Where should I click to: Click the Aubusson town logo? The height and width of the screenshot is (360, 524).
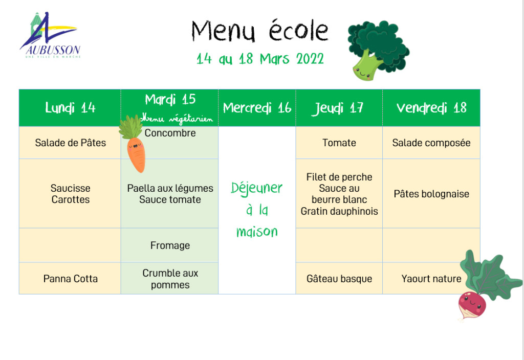tap(50, 35)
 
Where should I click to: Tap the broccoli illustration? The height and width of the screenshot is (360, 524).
tap(378, 51)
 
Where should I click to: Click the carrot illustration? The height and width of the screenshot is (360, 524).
tap(134, 144)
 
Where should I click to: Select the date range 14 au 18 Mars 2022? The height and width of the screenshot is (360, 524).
tap(260, 59)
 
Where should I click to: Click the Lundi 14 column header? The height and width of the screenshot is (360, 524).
tap(70, 108)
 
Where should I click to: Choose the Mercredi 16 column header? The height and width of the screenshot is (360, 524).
tap(257, 108)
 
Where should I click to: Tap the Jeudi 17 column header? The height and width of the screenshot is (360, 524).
tap(339, 108)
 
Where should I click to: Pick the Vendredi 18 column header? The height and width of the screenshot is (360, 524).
tap(431, 108)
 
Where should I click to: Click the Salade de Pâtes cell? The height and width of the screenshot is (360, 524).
tap(70, 143)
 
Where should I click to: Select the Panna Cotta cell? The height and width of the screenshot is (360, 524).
tap(70, 279)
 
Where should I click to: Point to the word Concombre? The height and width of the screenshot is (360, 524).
tap(170, 133)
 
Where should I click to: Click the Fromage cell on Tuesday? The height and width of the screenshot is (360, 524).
tap(170, 245)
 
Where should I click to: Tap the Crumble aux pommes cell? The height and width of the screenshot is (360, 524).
tap(170, 279)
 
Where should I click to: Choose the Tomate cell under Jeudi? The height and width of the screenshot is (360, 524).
tap(339, 143)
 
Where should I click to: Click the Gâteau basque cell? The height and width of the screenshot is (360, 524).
tap(339, 279)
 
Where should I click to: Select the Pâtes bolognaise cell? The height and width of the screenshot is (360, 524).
tap(431, 194)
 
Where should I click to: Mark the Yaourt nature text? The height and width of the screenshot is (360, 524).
tap(431, 279)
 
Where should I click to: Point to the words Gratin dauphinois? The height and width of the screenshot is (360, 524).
tap(339, 211)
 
